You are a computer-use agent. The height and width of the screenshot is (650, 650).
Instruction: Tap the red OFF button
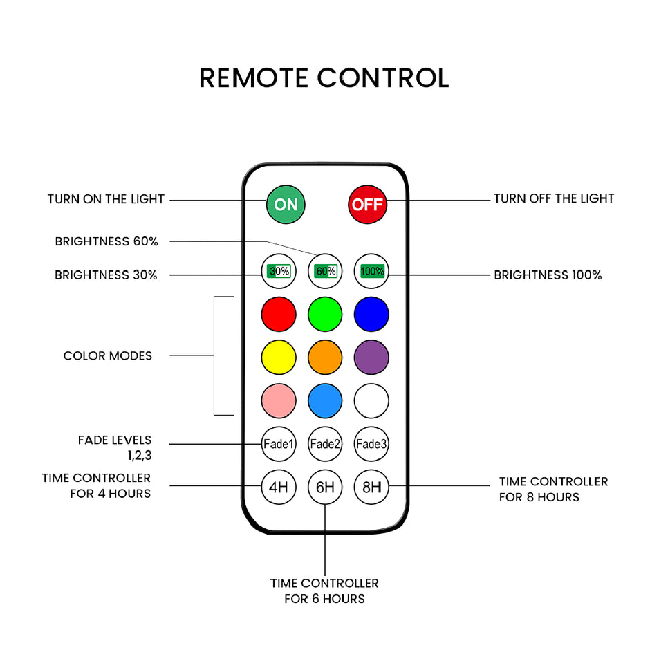(x=367, y=205)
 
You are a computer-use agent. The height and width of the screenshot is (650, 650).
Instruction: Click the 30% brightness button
(x=279, y=271)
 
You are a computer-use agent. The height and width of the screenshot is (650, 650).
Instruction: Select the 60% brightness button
(x=325, y=271)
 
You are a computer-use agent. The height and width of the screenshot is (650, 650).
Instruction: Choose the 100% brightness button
(x=371, y=271)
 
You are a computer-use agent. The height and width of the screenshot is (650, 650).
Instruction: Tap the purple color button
(x=371, y=357)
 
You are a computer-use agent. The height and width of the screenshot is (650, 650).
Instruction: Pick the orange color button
(x=325, y=357)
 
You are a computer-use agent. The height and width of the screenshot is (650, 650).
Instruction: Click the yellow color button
(x=279, y=357)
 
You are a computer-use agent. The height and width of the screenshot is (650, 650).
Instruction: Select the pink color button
(x=279, y=400)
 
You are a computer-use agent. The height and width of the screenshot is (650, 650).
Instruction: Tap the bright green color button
(x=325, y=314)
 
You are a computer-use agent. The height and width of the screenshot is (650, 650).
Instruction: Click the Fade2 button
(x=325, y=444)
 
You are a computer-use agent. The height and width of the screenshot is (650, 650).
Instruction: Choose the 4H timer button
(x=279, y=487)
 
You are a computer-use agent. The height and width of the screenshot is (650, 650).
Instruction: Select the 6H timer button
(x=325, y=487)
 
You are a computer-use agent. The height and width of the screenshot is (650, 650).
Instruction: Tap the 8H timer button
(x=371, y=487)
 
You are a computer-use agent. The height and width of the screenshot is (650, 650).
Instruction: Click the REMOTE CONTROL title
(x=324, y=78)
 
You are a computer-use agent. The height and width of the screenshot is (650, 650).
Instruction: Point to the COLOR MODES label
(x=108, y=355)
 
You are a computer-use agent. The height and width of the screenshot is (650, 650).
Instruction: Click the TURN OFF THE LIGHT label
(x=554, y=198)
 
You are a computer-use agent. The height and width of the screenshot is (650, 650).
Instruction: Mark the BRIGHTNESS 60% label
(x=106, y=241)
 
